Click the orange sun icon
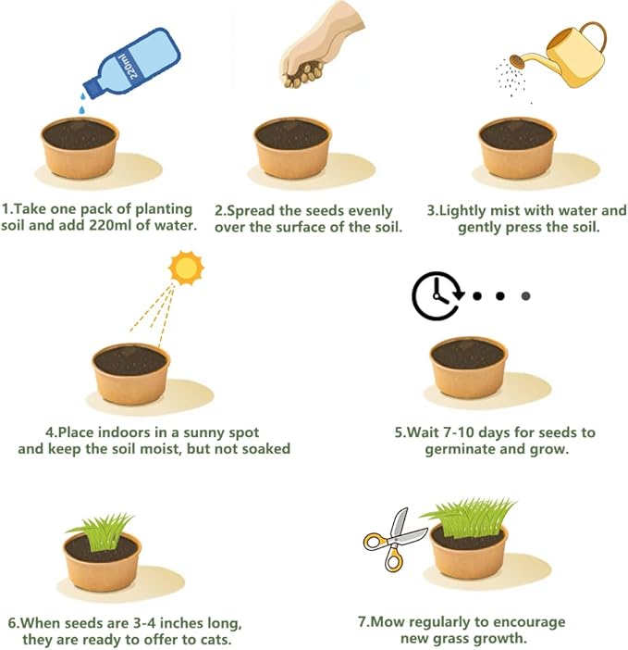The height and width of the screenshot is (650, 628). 186,268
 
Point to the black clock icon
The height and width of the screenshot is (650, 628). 436,296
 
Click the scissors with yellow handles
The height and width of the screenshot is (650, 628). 393,539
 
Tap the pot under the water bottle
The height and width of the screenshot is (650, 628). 80,147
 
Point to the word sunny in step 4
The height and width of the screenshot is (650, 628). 196,432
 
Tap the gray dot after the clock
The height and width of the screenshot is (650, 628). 525,296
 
